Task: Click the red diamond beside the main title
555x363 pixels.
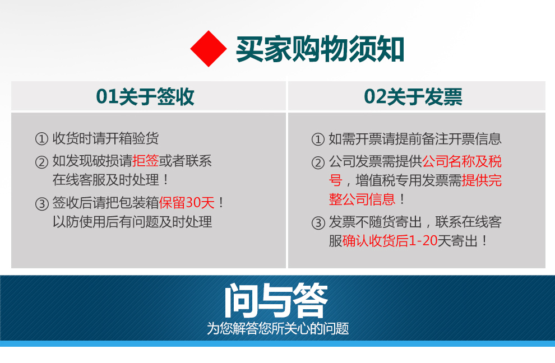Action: pyautogui.click(x=209, y=49)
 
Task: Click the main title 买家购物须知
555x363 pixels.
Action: pyautogui.click(x=320, y=49)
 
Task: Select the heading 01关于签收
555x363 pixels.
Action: pyautogui.click(x=145, y=96)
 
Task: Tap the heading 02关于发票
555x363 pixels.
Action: pyautogui.click(x=413, y=96)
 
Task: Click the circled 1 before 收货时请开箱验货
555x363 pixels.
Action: pyautogui.click(x=42, y=139)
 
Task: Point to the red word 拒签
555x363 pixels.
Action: pyautogui.click(x=145, y=161)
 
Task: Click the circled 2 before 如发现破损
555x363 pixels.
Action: pyautogui.click(x=42, y=162)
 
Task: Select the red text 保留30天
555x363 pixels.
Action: pyautogui.click(x=187, y=203)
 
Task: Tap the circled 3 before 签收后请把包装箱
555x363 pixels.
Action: pyautogui.click(x=42, y=204)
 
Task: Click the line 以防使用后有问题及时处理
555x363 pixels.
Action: pyautogui.click(x=132, y=222)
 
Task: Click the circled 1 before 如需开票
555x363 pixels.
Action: pyautogui.click(x=318, y=139)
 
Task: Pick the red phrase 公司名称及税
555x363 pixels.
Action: pyautogui.click(x=462, y=161)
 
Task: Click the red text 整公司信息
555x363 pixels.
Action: pyautogui.click(x=362, y=199)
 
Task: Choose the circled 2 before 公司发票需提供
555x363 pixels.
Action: pyautogui.click(x=318, y=163)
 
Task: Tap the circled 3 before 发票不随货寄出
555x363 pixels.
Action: pyautogui.click(x=318, y=223)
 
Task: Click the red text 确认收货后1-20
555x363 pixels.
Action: pyautogui.click(x=390, y=241)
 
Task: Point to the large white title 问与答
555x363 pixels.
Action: pyautogui.click(x=276, y=300)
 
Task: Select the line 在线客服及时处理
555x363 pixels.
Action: pyautogui.click(x=106, y=180)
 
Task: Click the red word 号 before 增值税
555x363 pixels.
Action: pyautogui.click(x=336, y=180)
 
